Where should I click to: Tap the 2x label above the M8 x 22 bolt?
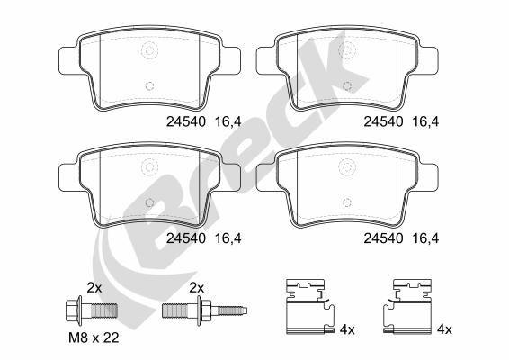point(93,287)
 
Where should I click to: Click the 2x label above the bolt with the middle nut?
point(196,287)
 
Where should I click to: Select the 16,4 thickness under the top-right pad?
point(425,119)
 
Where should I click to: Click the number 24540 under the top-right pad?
point(381,119)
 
